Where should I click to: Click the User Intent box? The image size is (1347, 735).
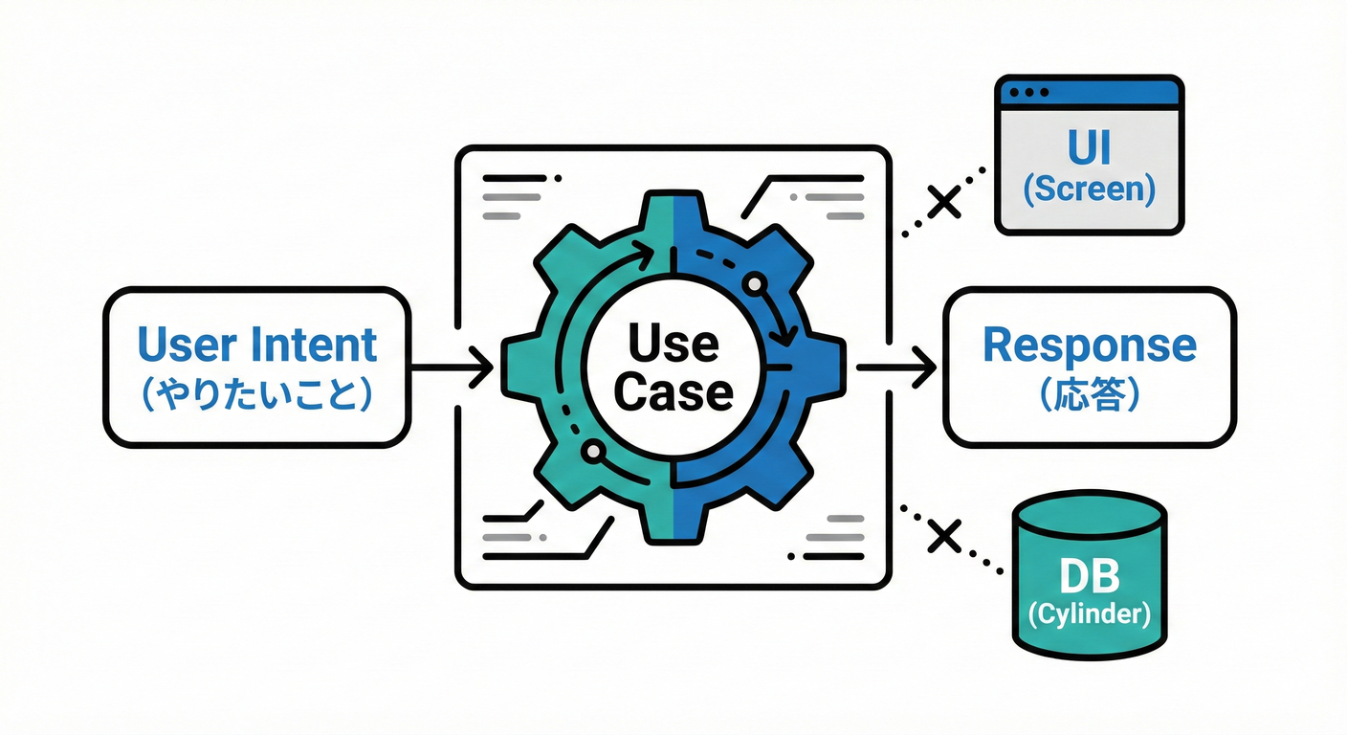[255, 367]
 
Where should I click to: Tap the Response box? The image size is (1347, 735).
[1090, 367]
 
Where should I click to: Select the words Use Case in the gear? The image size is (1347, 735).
[673, 367]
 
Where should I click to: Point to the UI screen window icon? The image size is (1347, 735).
[1090, 155]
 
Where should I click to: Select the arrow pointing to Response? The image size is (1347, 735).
[895, 367]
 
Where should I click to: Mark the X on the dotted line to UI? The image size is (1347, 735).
[944, 201]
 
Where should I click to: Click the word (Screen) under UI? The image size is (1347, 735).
[1090, 189]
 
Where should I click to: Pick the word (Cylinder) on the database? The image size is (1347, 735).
[1090, 613]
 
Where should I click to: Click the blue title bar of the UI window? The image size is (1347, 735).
[1090, 92]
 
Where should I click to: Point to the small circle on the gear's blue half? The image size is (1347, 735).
[755, 284]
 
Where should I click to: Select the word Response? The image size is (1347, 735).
[1090, 345]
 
